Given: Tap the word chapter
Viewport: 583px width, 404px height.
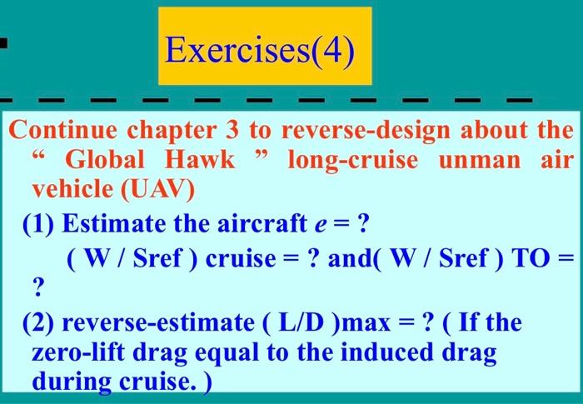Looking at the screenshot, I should tap(168, 131).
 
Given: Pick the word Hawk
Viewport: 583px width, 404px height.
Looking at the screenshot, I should tap(201, 160).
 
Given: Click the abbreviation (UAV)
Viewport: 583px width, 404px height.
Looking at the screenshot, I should tap(157, 190).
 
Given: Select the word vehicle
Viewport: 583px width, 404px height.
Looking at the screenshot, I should tap(73, 190).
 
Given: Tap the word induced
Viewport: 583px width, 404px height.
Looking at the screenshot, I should tap(388, 352).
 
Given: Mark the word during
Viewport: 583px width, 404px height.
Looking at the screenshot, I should tap(69, 382).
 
